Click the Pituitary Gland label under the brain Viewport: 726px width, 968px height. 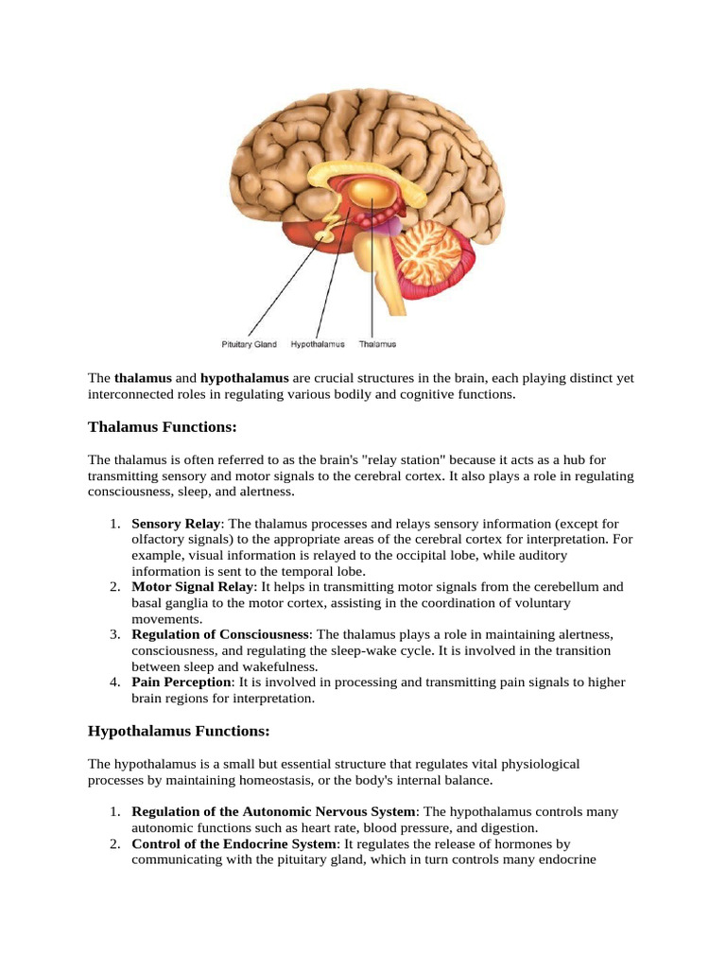click(x=250, y=345)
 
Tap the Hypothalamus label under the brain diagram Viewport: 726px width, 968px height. click(x=318, y=345)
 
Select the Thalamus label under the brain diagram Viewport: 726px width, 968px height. click(x=377, y=345)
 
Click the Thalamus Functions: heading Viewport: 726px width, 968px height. click(x=162, y=427)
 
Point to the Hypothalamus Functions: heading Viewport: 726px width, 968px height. click(x=179, y=731)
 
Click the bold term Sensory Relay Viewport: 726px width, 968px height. click(x=176, y=524)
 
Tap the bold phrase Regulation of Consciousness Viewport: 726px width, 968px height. click(x=220, y=634)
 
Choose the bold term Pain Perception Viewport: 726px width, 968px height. click(x=181, y=683)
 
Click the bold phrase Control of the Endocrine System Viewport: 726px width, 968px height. click(x=233, y=844)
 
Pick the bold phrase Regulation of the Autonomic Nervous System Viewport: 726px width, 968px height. click(x=273, y=812)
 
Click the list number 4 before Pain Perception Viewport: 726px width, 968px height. click(x=113, y=683)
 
